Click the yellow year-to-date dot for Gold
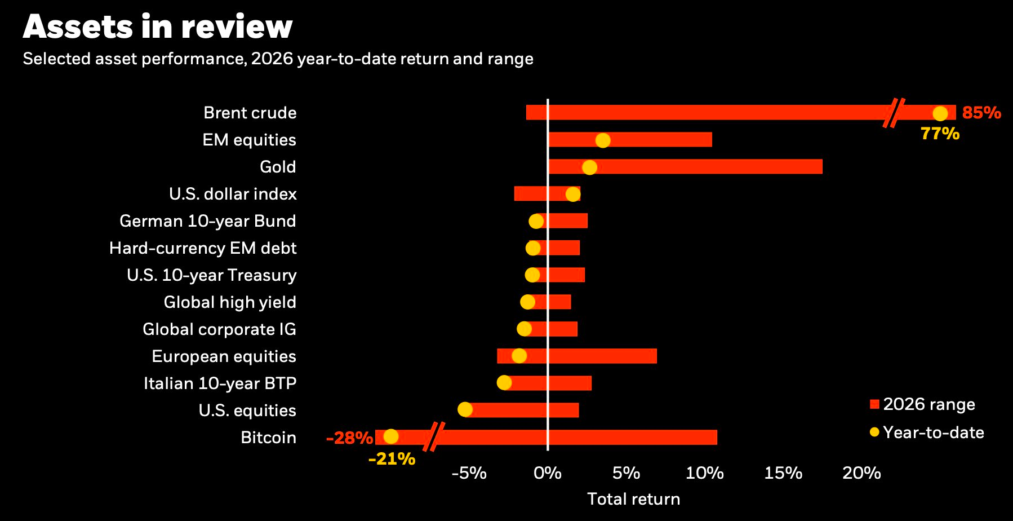589,167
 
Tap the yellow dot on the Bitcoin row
390,436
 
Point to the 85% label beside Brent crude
981,113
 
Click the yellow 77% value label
940,134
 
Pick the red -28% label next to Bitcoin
349,438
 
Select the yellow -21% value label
392,459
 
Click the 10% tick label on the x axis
704,473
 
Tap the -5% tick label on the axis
469,473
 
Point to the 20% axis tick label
861,473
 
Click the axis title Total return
633,499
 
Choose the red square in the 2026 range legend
874,404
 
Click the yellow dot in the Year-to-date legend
874,432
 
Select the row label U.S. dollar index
233,194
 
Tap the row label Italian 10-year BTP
220,383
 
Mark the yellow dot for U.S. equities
465,410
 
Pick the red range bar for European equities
597,356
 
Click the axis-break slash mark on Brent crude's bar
894,113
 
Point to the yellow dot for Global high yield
527,302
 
